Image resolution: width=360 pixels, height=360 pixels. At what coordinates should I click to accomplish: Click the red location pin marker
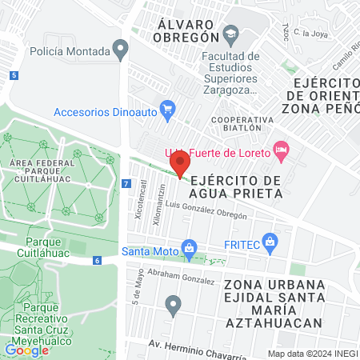[178, 164]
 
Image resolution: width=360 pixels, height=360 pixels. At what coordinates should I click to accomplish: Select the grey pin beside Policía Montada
[121, 50]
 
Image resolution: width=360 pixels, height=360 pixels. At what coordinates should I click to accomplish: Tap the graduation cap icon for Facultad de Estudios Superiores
[231, 33]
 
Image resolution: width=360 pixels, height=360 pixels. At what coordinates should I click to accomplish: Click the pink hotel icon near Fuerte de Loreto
[281, 149]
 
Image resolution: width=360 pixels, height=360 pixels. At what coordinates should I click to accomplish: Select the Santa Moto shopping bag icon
[189, 249]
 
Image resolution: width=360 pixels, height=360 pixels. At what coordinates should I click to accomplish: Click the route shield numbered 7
[126, 184]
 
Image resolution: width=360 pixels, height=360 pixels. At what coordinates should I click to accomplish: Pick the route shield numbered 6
[96, 260]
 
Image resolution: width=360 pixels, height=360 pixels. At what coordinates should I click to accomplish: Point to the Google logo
[26, 349]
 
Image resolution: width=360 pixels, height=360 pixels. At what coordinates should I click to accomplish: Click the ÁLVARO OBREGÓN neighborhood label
[189, 30]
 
